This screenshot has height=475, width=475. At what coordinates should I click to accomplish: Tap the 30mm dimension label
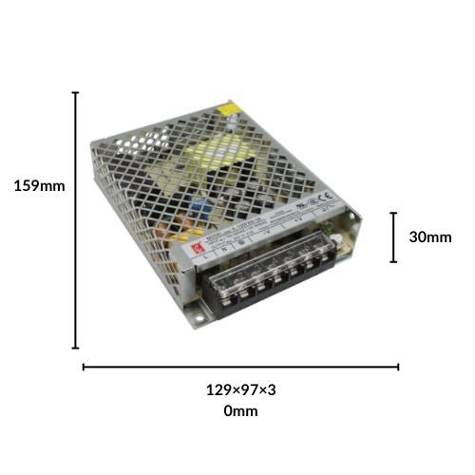coord(430,237)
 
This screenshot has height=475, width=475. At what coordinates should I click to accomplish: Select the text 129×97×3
coord(240,389)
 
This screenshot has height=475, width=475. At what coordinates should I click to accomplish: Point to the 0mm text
coord(240,411)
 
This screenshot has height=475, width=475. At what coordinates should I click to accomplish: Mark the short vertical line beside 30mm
coord(392,237)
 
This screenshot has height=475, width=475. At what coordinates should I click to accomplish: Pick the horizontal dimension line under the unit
coord(240,366)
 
